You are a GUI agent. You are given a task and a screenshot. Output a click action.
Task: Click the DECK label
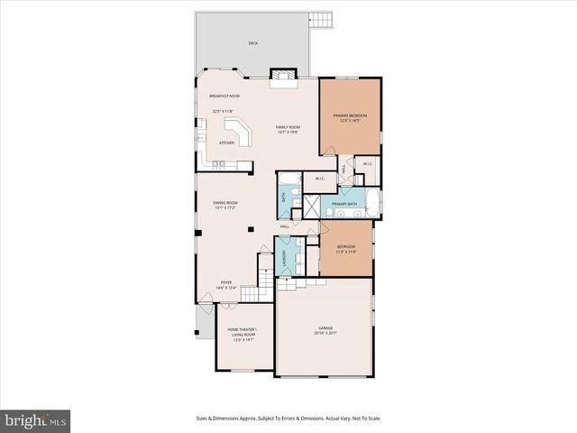click(x=252, y=42)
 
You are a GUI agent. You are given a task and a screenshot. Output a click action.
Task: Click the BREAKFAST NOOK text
click(x=224, y=96)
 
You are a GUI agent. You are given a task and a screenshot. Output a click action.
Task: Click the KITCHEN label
click(x=226, y=143)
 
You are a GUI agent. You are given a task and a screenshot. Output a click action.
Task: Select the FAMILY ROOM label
click(x=288, y=127)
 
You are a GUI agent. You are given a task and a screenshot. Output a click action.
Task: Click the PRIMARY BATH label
click(x=344, y=205)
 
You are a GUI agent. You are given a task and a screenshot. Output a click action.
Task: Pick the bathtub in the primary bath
click(x=371, y=202)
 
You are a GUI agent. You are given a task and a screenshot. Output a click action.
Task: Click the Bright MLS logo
click(x=36, y=420)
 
